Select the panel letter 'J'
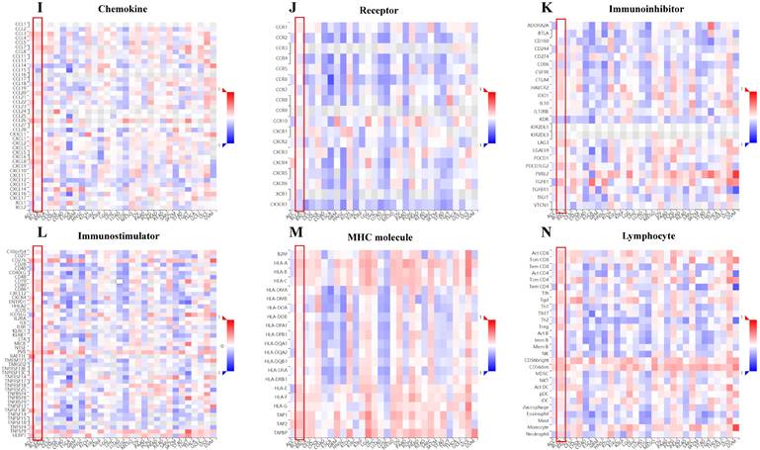pyautogui.click(x=287, y=9)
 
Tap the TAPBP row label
pyautogui.click(x=281, y=432)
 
